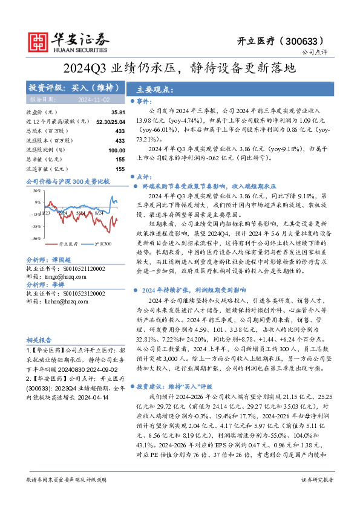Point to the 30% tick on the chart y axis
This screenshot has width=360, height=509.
[x=36, y=190]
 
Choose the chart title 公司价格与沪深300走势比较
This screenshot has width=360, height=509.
[x=68, y=181]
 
